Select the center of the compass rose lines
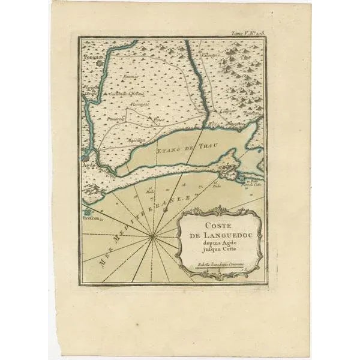(x=154, y=238)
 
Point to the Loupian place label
(x=229, y=112)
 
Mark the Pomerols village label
(x=113, y=119)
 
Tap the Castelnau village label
(x=124, y=95)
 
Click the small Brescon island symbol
(x=89, y=211)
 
